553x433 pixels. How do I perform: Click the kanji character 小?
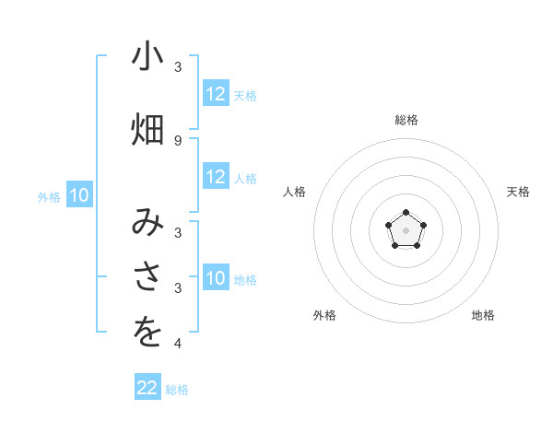click(x=147, y=58)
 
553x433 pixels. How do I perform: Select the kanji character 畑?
click(x=147, y=130)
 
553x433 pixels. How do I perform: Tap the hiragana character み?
click(x=147, y=223)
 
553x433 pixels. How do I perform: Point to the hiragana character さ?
click(x=147, y=278)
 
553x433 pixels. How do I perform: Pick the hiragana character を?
click(x=147, y=334)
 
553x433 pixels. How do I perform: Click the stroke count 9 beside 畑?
click(x=177, y=140)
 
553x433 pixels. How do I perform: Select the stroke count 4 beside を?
click(x=177, y=344)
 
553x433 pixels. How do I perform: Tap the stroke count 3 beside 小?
click(x=177, y=67)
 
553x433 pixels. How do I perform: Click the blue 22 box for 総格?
click(x=147, y=388)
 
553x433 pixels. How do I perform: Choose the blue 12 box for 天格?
click(x=216, y=94)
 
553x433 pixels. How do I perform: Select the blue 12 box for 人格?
click(x=216, y=177)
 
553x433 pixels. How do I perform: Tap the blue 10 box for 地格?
click(x=216, y=278)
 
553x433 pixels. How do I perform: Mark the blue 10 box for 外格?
click(x=79, y=195)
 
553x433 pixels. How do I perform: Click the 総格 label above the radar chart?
click(x=406, y=120)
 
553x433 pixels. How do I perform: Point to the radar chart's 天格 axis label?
click(x=518, y=192)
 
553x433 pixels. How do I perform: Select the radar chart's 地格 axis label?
click(x=483, y=315)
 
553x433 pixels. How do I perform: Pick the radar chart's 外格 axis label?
click(x=324, y=315)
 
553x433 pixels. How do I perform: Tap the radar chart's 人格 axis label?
click(x=295, y=192)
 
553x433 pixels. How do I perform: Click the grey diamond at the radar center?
click(x=406, y=229)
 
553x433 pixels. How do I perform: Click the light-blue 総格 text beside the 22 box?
click(x=177, y=390)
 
